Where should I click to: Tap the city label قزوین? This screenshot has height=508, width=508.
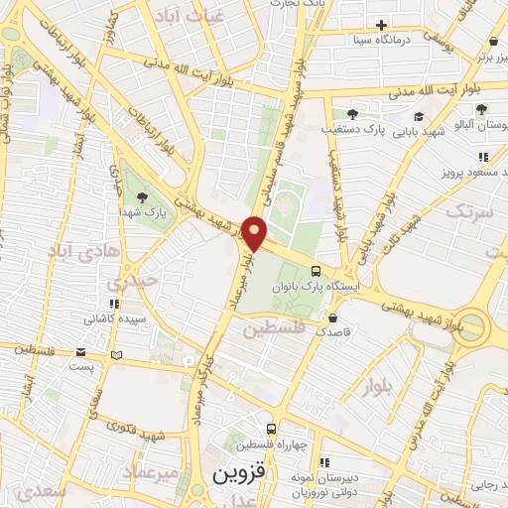[x=239, y=473]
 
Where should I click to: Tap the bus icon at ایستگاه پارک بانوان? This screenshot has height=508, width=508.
[x=316, y=271]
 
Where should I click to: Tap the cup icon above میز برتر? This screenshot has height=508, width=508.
[x=493, y=42]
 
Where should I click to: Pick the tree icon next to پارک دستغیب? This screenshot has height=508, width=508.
[x=351, y=114]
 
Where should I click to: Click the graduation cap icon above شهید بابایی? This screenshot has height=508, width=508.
[x=432, y=115]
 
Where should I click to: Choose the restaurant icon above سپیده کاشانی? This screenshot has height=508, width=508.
[x=114, y=304]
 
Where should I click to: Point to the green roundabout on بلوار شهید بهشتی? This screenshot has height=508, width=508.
[x=474, y=326]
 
